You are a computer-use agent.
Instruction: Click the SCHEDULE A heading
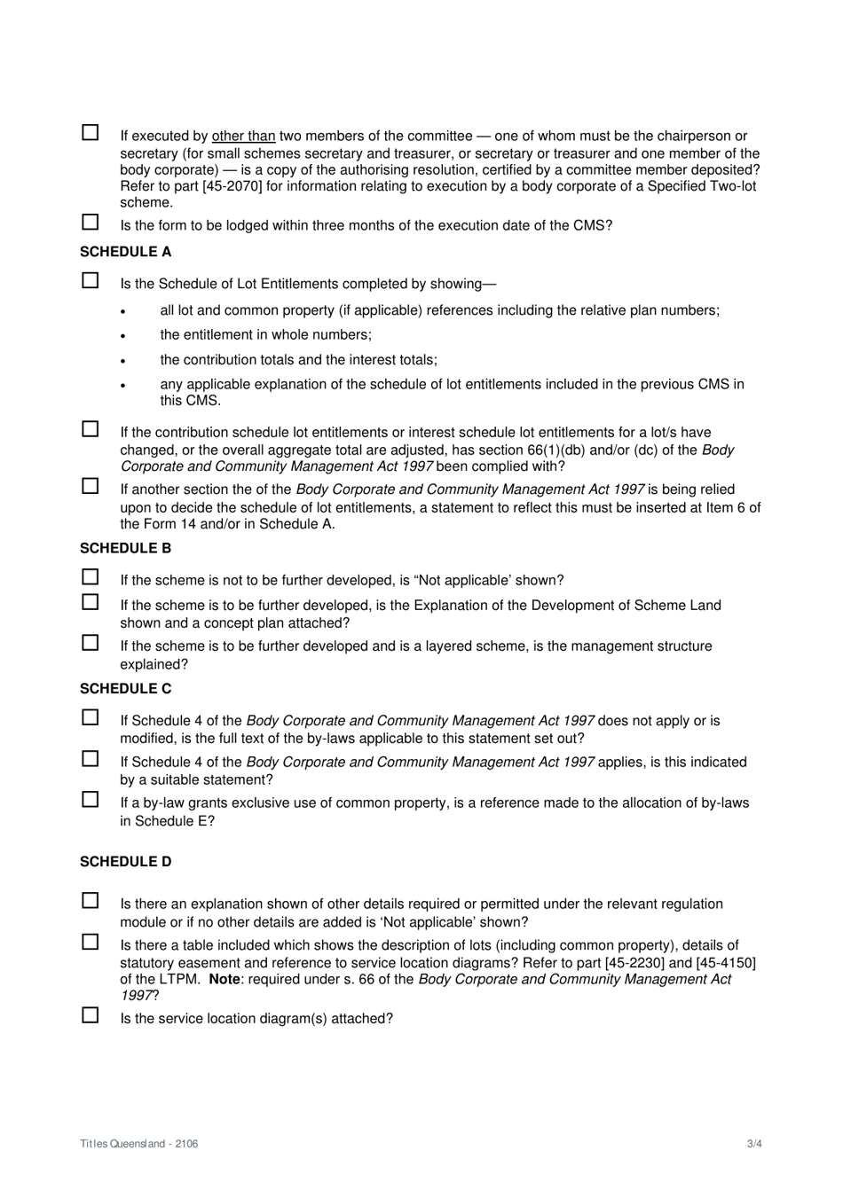pyautogui.click(x=125, y=252)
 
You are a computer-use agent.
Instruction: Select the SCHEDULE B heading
pyautogui.click(x=125, y=548)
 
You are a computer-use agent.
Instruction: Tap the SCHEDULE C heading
pyautogui.click(x=125, y=688)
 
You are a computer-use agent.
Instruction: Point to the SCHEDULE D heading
pyautogui.click(x=125, y=861)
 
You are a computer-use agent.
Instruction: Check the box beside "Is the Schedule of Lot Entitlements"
pyautogui.click(x=91, y=280)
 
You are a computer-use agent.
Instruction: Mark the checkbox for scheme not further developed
pyautogui.click(x=91, y=576)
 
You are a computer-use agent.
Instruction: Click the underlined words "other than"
pyautogui.click(x=243, y=137)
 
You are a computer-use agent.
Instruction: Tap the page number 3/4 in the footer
pyautogui.click(x=753, y=1143)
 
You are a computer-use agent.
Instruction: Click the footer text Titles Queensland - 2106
pyautogui.click(x=139, y=1143)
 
